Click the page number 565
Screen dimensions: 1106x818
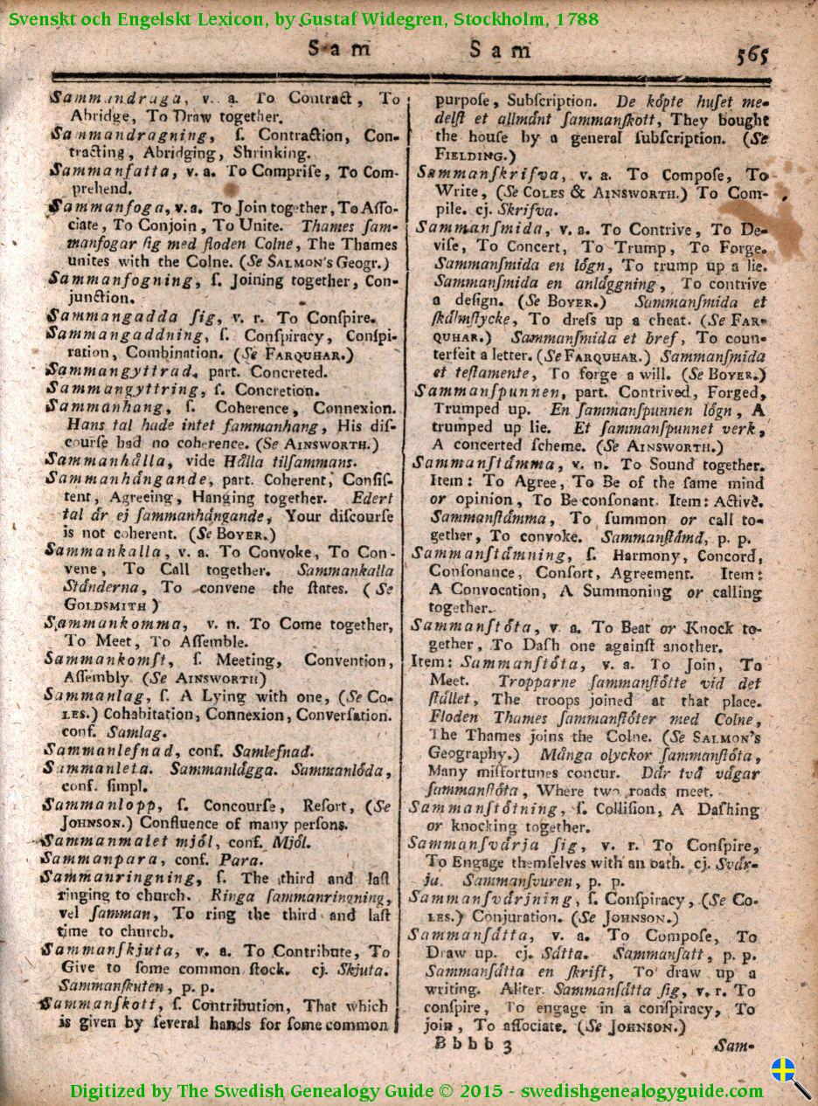752,55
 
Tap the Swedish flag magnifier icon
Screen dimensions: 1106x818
789,1077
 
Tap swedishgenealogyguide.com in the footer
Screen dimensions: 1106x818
641,1090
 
